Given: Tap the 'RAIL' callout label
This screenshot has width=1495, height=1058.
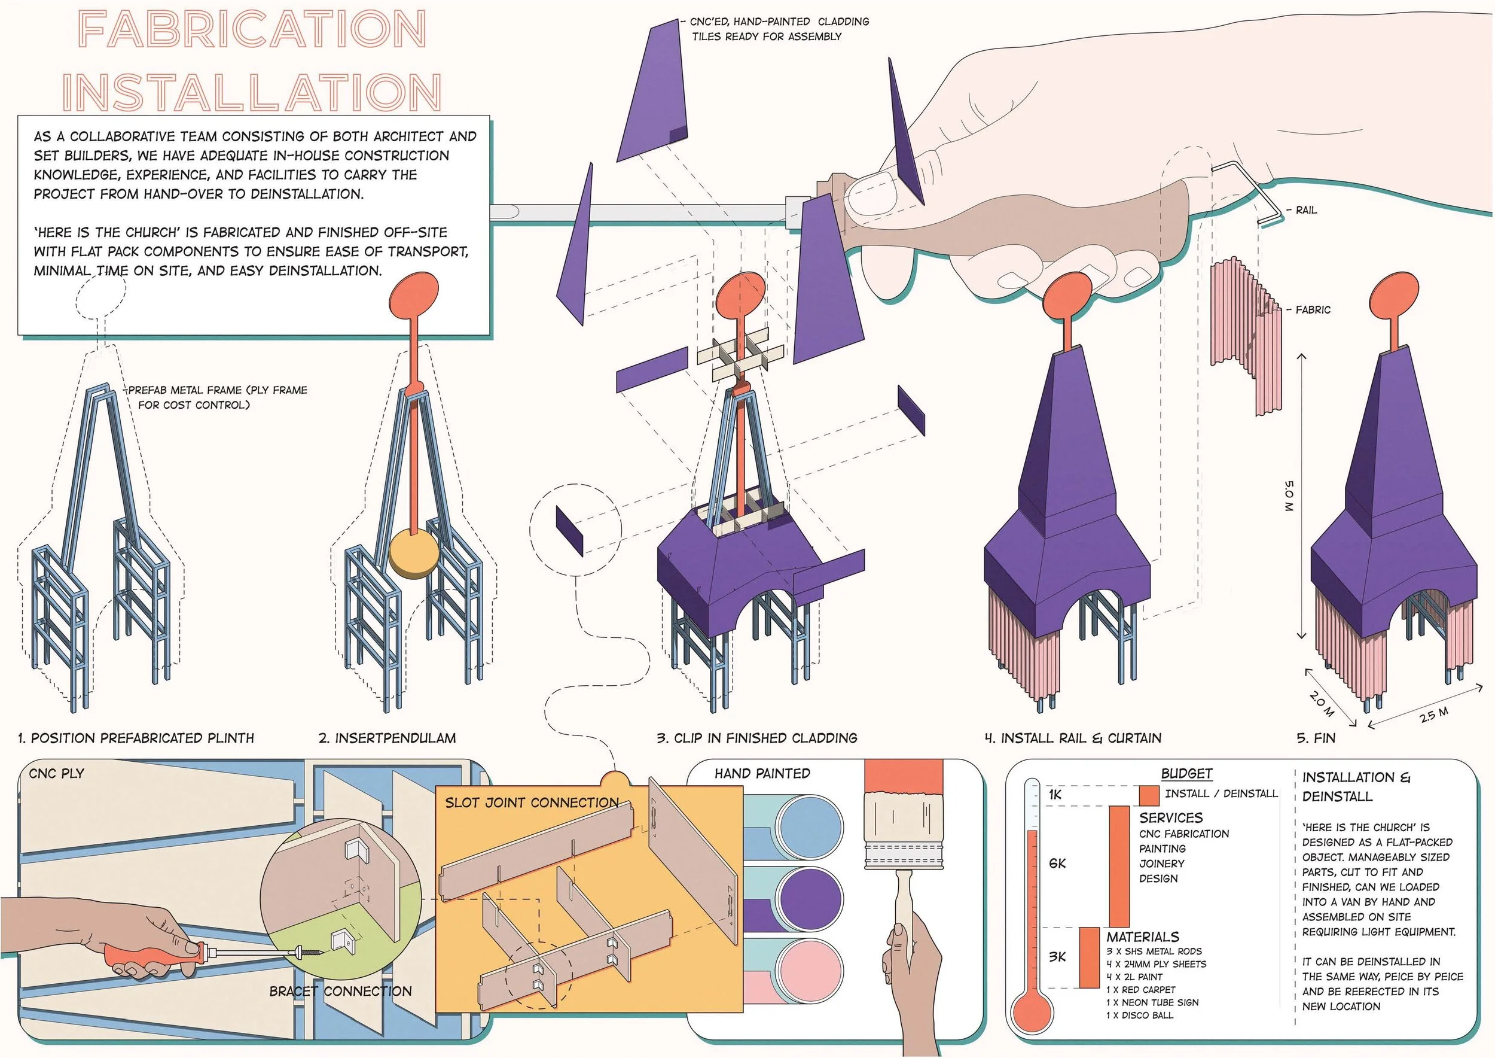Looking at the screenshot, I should [x=1306, y=210].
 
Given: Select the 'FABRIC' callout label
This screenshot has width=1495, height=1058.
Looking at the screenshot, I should [x=1313, y=309].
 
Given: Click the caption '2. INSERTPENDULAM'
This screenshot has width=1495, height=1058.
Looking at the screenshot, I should [x=388, y=738].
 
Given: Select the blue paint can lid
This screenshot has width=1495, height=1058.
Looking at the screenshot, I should [x=809, y=827].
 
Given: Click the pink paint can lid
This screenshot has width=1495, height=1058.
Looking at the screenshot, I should [x=809, y=971].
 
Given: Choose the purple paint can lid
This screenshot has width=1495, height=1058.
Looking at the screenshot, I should [x=809, y=899].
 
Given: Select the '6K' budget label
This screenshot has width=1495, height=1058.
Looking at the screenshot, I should [x=1057, y=863].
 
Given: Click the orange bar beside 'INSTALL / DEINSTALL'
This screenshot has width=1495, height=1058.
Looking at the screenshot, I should [x=1149, y=795].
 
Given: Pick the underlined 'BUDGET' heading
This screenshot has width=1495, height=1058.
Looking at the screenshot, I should [x=1186, y=773].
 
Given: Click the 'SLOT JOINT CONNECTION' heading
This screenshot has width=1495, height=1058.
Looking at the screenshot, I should [x=532, y=802].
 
